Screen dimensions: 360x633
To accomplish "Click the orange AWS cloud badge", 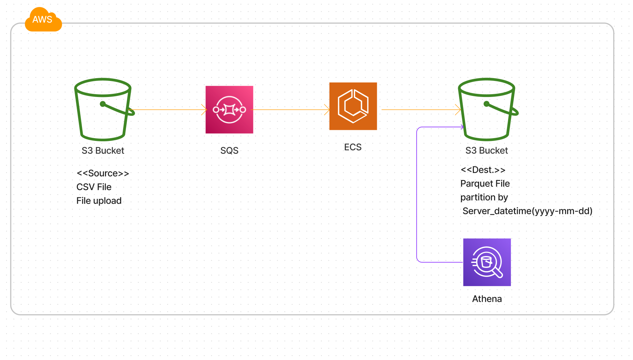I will (43, 20).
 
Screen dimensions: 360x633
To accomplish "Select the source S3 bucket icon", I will (103, 109).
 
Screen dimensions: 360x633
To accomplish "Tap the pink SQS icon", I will (229, 110).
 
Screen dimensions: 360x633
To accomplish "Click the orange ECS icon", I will (353, 106).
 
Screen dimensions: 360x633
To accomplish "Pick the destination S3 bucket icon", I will (486, 109).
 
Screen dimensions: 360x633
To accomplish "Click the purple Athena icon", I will (487, 262).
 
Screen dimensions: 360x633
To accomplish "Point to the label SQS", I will (229, 151).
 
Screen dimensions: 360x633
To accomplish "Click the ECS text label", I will (353, 147).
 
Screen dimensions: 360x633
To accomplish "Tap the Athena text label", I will (487, 299).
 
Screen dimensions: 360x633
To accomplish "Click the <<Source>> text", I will (103, 173).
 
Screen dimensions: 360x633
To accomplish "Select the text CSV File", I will (94, 187).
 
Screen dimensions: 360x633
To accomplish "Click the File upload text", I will (99, 201).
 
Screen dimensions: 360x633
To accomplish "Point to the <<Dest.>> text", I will (483, 170).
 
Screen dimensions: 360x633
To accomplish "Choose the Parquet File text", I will (485, 183).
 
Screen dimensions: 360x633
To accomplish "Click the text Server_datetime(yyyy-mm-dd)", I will (527, 211).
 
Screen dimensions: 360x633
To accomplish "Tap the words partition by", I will (484, 197).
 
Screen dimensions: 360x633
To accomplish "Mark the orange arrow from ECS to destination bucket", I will (420, 110).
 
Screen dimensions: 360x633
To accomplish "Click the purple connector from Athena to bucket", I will (417, 195).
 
